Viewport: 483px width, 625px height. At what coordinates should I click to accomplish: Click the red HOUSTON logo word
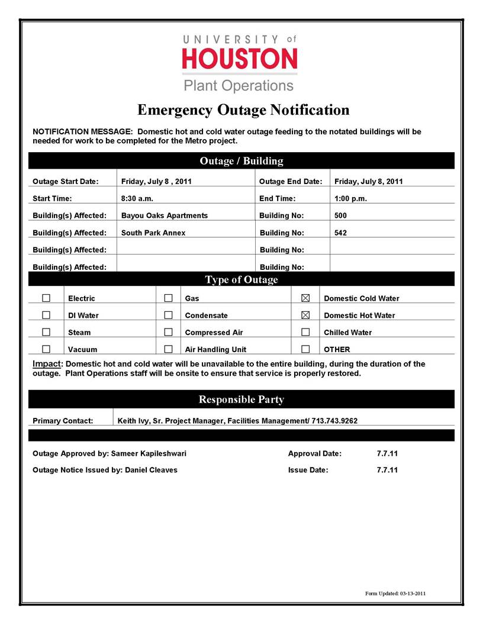click(x=240, y=59)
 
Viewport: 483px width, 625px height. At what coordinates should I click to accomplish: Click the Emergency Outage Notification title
click(x=243, y=110)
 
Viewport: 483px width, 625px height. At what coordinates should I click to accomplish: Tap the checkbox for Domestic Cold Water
click(x=306, y=298)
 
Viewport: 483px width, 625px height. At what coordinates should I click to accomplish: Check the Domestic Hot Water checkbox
click(x=306, y=315)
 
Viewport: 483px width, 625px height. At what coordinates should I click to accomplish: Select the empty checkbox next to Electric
click(x=46, y=298)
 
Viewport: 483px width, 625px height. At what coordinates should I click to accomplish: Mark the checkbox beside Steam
click(x=46, y=332)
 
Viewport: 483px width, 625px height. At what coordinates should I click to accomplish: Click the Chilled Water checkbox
click(x=306, y=332)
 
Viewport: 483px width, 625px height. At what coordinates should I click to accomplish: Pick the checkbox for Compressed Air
click(x=168, y=332)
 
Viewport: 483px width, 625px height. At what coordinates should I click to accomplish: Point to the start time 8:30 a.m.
click(x=137, y=198)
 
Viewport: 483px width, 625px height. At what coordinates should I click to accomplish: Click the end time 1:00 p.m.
click(x=350, y=198)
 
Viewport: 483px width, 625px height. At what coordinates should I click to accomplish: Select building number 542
click(x=340, y=233)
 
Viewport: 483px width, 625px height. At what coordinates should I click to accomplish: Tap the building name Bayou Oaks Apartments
click(x=165, y=215)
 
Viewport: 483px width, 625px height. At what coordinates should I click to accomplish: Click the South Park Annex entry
click(x=153, y=233)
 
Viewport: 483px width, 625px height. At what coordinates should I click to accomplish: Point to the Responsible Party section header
click(x=241, y=400)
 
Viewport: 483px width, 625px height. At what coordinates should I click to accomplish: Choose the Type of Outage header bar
click(x=241, y=279)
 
